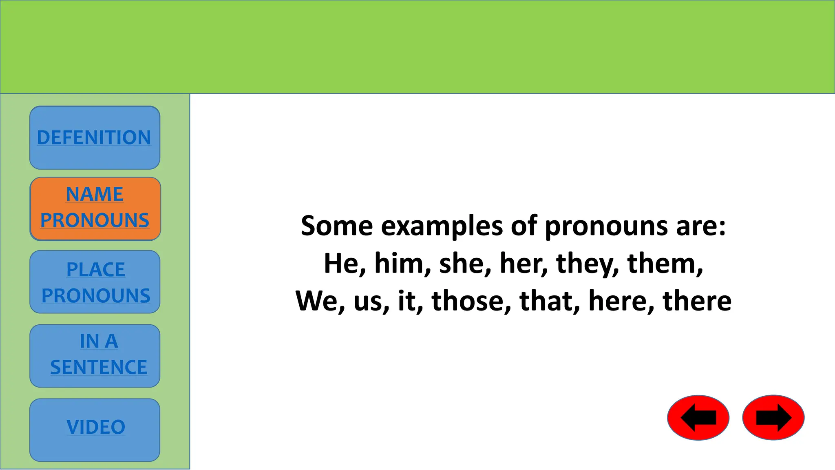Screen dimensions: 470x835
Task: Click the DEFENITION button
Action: pos(95,137)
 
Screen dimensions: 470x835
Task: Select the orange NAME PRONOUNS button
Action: pos(95,208)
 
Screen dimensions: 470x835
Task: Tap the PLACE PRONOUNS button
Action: pos(95,282)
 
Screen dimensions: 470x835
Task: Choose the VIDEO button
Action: pos(95,430)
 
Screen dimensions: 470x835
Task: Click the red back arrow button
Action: pos(698,417)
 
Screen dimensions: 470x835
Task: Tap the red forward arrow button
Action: pos(773,417)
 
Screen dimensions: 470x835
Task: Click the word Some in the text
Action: pos(336,226)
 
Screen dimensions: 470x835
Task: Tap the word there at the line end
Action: pos(697,301)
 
